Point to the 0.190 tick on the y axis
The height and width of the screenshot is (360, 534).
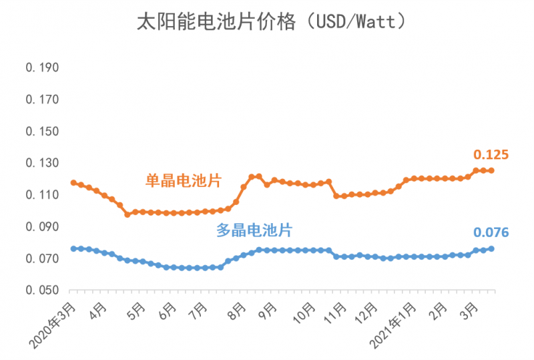coord(43,67)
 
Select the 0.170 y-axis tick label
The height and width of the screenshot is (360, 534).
coord(43,100)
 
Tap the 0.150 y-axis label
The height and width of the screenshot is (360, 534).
coord(43,132)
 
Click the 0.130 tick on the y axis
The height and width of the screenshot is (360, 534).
coord(43,163)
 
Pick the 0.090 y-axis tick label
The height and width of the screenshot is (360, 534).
coord(43,227)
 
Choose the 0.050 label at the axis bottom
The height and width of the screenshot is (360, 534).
coord(43,291)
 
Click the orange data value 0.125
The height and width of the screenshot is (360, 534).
coord(491,155)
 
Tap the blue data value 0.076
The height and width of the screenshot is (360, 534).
coord(491,232)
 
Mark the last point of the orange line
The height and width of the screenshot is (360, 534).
coord(492,170)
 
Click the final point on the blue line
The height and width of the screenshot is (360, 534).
coord(492,248)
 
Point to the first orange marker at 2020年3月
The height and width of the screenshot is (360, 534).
coord(73,182)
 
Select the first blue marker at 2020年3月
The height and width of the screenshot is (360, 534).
coord(73,248)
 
